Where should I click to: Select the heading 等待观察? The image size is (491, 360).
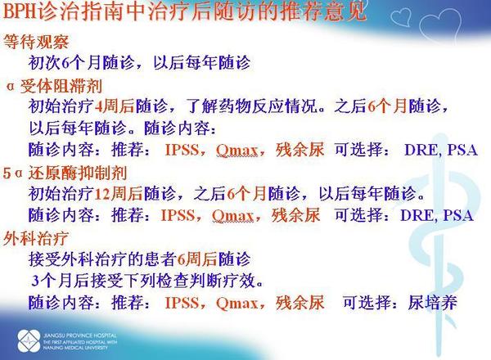tap(36, 42)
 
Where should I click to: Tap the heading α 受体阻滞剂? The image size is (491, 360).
tap(55, 86)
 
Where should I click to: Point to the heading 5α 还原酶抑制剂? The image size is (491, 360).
tap(65, 173)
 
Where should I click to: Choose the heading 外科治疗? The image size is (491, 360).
tap(36, 239)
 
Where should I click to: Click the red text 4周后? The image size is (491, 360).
tap(114, 106)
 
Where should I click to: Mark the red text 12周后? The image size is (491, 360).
tap(119, 193)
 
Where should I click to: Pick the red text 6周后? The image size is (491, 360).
tap(196, 259)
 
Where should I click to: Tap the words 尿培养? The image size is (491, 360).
tap(432, 303)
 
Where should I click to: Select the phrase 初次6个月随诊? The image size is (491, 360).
tap(81, 63)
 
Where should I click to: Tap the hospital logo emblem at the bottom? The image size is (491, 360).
tap(29, 340)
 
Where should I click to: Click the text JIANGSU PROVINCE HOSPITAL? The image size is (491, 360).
tap(80, 335)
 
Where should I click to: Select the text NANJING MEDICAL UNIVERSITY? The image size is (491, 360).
tap(75, 348)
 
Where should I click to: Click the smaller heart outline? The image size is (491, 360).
tap(401, 16)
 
